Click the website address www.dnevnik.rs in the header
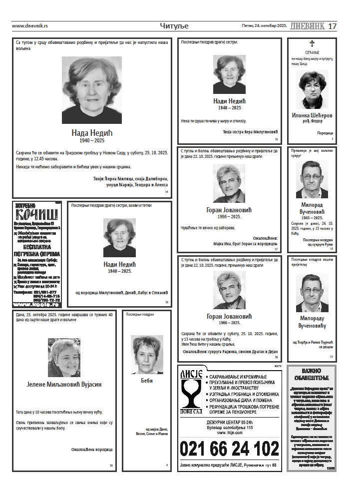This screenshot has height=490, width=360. [30, 26]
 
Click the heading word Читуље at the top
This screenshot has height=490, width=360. [174, 26]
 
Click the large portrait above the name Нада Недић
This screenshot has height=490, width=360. [92, 90]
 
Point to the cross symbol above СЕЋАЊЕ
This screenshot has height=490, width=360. [312, 43]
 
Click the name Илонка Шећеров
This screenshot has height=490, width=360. [312, 115]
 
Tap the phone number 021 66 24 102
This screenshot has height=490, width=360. [229, 449]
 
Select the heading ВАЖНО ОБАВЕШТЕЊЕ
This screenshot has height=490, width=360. [312, 375]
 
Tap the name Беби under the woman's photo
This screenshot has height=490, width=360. [147, 381]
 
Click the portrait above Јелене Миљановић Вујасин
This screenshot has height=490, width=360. [64, 358]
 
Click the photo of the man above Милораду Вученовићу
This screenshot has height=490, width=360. [312, 292]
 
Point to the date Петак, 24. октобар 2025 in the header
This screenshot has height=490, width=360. [264, 26]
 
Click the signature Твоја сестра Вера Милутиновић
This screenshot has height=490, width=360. [250, 131]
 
